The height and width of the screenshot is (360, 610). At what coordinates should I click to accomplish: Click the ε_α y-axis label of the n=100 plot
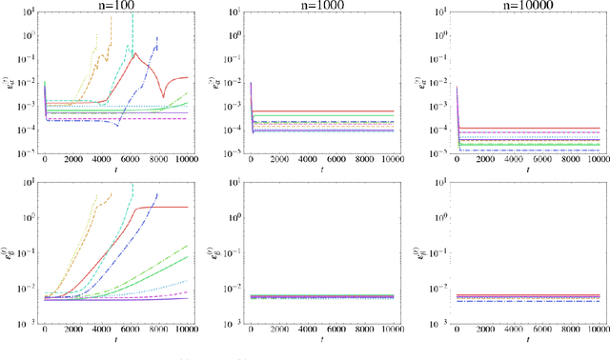tap(9, 84)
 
